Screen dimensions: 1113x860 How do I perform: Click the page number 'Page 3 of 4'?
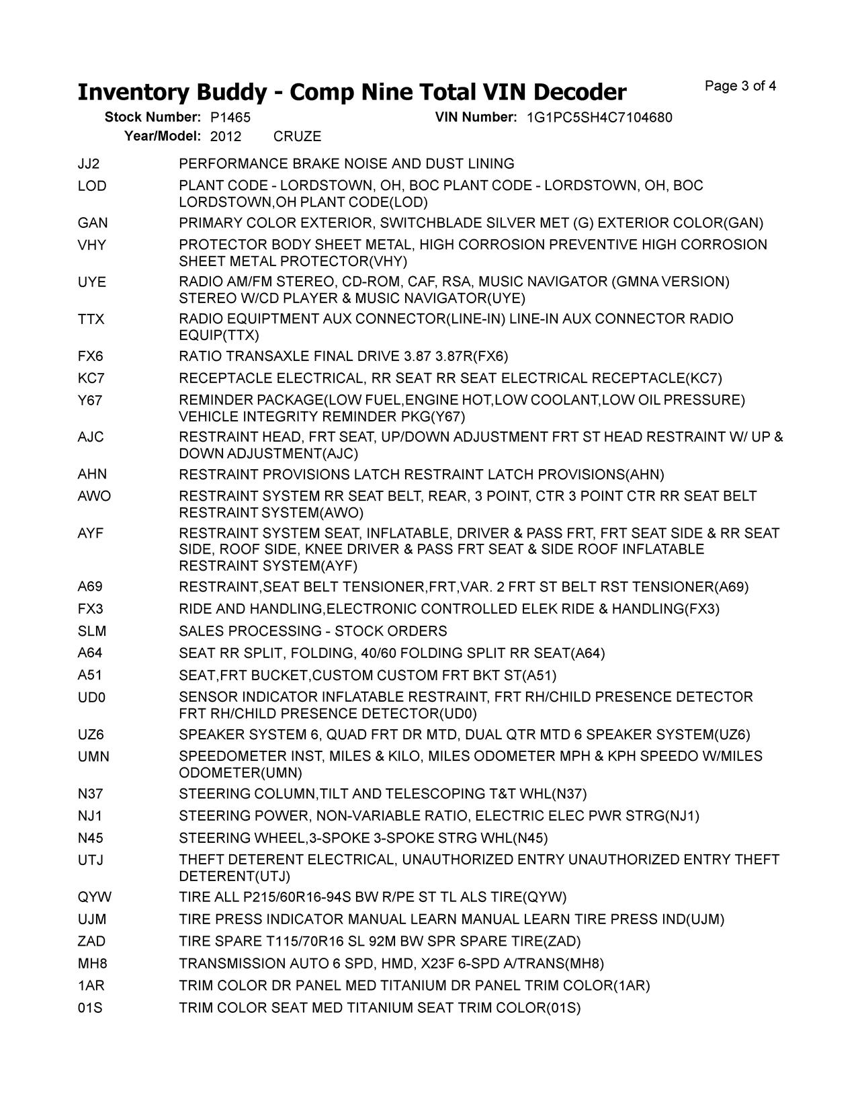(x=740, y=86)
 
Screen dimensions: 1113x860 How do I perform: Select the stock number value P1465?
(x=230, y=118)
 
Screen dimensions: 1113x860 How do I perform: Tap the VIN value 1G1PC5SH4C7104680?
(x=599, y=118)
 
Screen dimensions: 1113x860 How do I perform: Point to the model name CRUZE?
(x=297, y=136)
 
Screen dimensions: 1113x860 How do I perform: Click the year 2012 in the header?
(x=226, y=136)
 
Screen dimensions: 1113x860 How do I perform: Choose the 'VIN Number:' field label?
(x=476, y=118)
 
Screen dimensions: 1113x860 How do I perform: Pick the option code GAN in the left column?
(x=92, y=223)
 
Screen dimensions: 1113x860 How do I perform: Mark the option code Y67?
(x=90, y=401)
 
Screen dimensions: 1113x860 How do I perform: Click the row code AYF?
(x=91, y=534)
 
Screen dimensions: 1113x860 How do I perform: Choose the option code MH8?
(x=92, y=964)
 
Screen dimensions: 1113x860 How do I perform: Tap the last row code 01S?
(x=90, y=1008)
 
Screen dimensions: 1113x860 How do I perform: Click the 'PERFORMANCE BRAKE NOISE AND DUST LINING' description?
(x=347, y=164)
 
